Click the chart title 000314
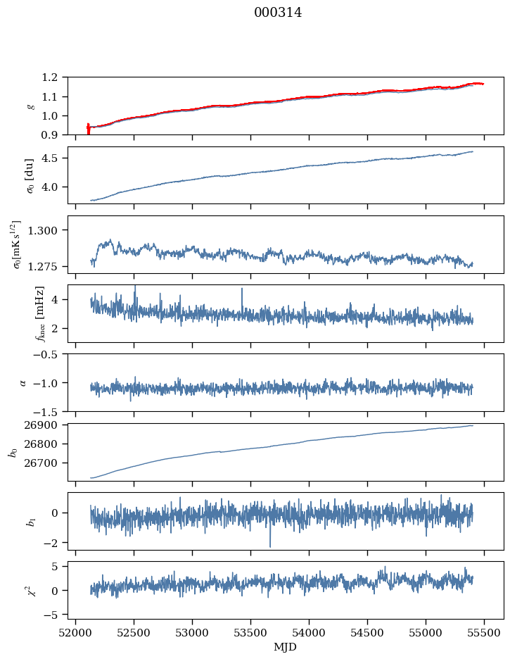[x=278, y=13]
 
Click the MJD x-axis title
[x=286, y=647]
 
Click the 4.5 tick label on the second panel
[x=53, y=158]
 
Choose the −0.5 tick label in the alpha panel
[x=49, y=354]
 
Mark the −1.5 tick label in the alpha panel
[x=49, y=411]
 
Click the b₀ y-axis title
[x=13, y=451]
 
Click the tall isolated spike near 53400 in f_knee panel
[x=242, y=290]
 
